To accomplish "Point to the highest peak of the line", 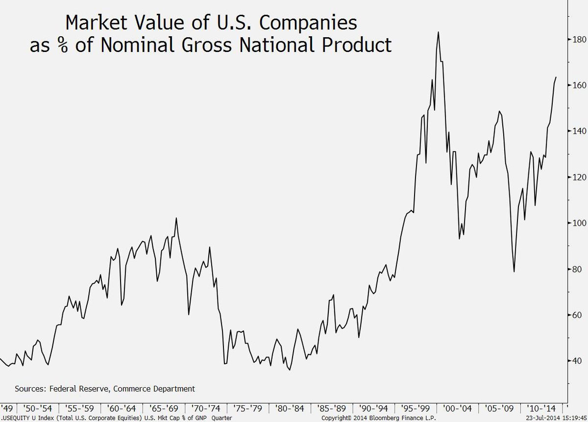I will tap(438, 32).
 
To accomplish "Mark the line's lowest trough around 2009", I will tap(514, 272).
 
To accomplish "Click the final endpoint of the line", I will tap(556, 77).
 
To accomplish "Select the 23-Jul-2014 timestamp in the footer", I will tap(539, 418).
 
